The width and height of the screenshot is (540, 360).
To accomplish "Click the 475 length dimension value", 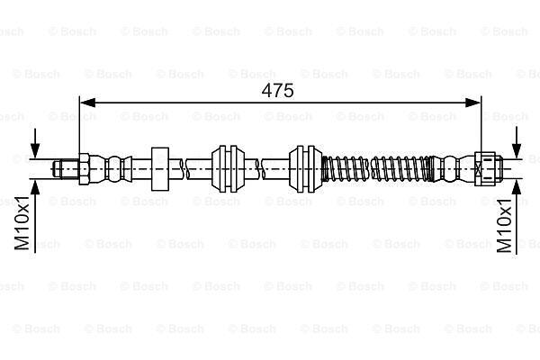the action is [277, 91].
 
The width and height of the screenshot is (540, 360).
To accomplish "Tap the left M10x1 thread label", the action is [22, 223].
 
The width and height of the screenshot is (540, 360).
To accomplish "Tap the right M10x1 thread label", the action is [505, 226].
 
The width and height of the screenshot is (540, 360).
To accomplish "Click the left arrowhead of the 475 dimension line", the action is [87, 103].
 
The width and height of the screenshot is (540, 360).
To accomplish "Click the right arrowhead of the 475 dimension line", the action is [472, 103].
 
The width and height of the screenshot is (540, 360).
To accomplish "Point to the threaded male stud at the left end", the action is [66, 169].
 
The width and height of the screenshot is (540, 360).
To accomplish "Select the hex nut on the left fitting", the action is [85, 169].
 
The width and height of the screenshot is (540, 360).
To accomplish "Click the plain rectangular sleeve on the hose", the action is [160, 169].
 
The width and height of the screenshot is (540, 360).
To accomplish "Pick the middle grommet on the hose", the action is [229, 169].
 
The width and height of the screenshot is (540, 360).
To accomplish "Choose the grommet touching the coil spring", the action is [306, 169].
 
